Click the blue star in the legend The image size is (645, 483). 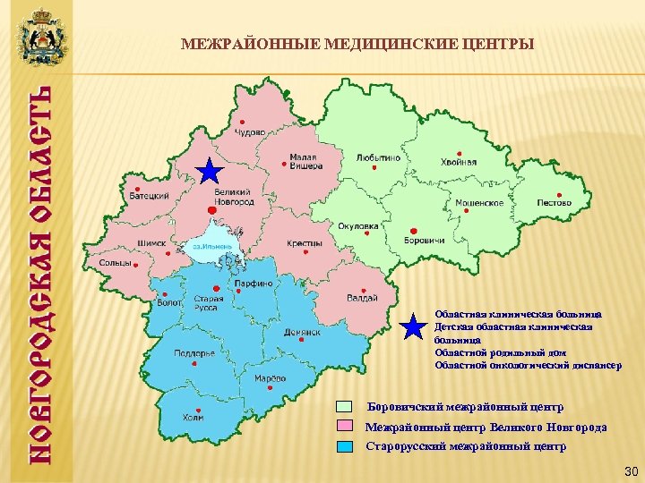coord(413,328)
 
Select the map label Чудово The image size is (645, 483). coord(250,131)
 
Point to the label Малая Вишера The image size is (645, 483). coord(303,162)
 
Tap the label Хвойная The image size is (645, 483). coord(459,162)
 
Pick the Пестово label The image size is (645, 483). coord(554,202)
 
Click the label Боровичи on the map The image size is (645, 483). coord(424,241)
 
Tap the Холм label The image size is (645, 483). coord(193,417)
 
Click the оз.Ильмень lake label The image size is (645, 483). coord(211,246)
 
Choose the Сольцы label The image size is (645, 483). coord(115,264)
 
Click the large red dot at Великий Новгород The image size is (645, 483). coord(211,209)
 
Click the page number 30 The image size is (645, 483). coord(629,470)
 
